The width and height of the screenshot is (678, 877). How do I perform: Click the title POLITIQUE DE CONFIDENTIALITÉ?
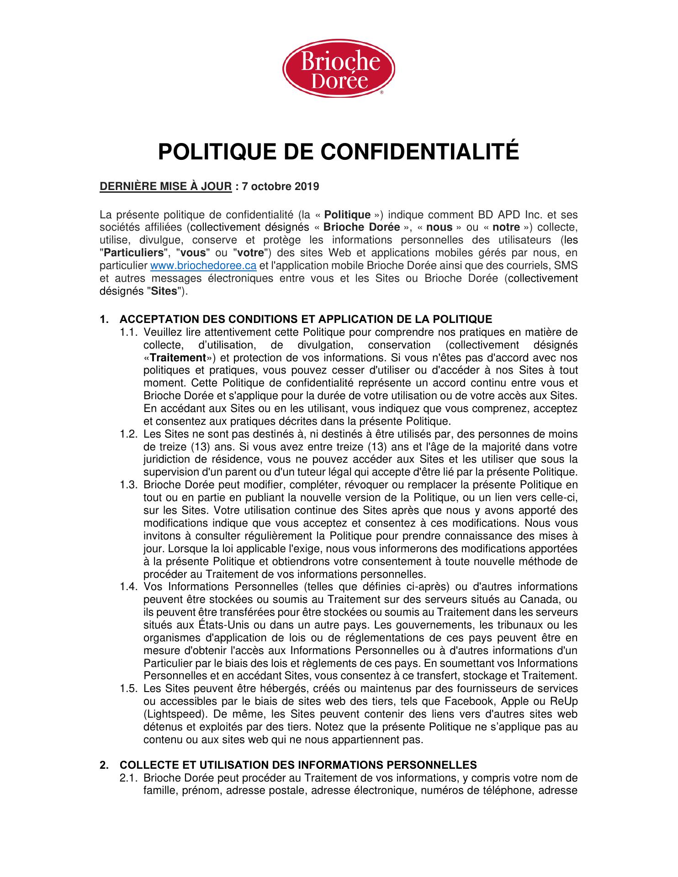click(x=339, y=152)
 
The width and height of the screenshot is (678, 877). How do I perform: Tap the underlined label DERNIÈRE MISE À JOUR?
click(x=166, y=187)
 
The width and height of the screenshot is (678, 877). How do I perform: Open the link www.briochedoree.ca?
click(x=203, y=266)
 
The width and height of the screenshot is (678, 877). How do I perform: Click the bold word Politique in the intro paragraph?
click(x=350, y=215)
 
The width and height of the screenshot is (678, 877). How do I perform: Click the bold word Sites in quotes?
click(x=164, y=291)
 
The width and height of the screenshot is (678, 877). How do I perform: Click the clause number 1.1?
click(x=129, y=332)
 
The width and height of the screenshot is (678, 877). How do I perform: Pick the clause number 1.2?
click(x=129, y=434)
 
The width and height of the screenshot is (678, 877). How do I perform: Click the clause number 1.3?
click(x=129, y=485)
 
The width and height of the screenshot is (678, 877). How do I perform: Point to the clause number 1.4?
click(x=129, y=587)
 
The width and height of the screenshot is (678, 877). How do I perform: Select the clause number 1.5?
click(x=129, y=689)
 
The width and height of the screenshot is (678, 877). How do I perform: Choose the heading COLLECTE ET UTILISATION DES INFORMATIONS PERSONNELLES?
click(x=298, y=765)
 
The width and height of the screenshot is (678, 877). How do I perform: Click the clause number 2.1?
click(x=129, y=778)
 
